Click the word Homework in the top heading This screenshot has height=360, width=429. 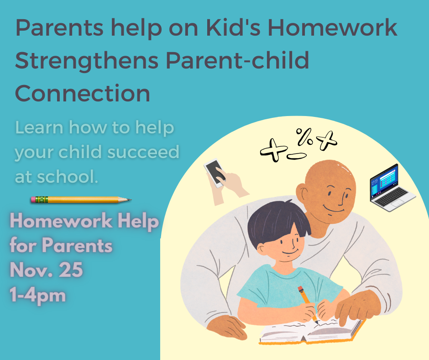tap(332, 28)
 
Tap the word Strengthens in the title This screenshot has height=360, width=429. tap(87, 61)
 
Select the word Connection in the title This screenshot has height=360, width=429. tap(82, 93)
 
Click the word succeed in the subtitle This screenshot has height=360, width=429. tap(143, 152)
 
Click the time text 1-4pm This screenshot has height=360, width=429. tap(38, 296)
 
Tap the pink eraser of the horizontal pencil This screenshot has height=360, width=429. tap(33, 200)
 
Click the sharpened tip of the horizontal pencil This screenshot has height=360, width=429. tap(131, 200)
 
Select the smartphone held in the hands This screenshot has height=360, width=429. tap(215, 173)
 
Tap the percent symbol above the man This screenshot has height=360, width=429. tap(304, 137)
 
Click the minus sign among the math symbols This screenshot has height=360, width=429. tap(297, 156)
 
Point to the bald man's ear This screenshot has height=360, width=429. tap(302, 193)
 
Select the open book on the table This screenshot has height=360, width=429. tap(312, 331)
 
